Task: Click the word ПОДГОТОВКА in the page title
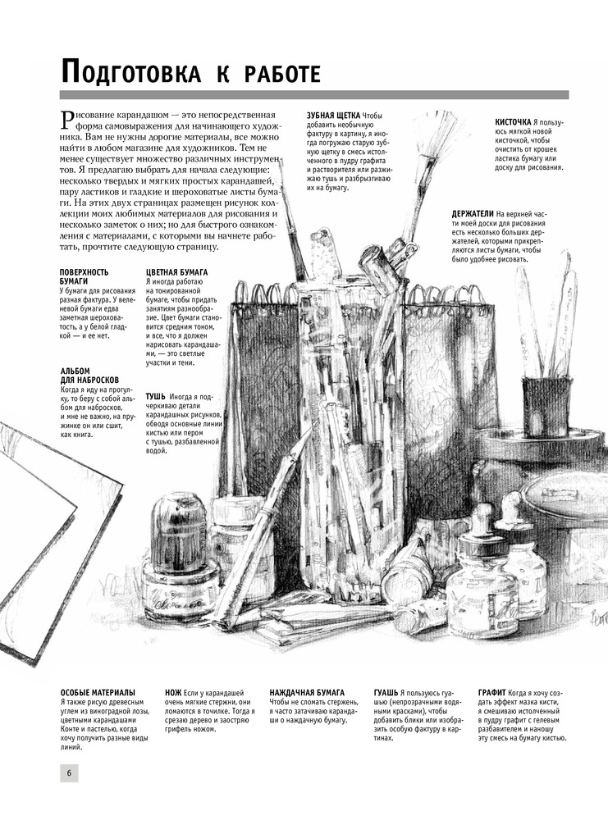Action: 130,72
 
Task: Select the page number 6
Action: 69,773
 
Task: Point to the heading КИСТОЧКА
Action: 514,122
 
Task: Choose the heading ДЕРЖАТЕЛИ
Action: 473,213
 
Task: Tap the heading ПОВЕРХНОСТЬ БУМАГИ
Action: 85,276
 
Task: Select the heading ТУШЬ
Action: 156,396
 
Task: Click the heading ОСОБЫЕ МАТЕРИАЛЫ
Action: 98,692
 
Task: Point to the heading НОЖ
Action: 173,692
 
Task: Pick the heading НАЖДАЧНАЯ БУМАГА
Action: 307,692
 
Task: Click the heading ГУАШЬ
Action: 386,692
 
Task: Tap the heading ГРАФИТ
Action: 491,692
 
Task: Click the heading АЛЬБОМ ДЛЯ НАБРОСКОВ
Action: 89,375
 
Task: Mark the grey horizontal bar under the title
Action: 314,95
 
